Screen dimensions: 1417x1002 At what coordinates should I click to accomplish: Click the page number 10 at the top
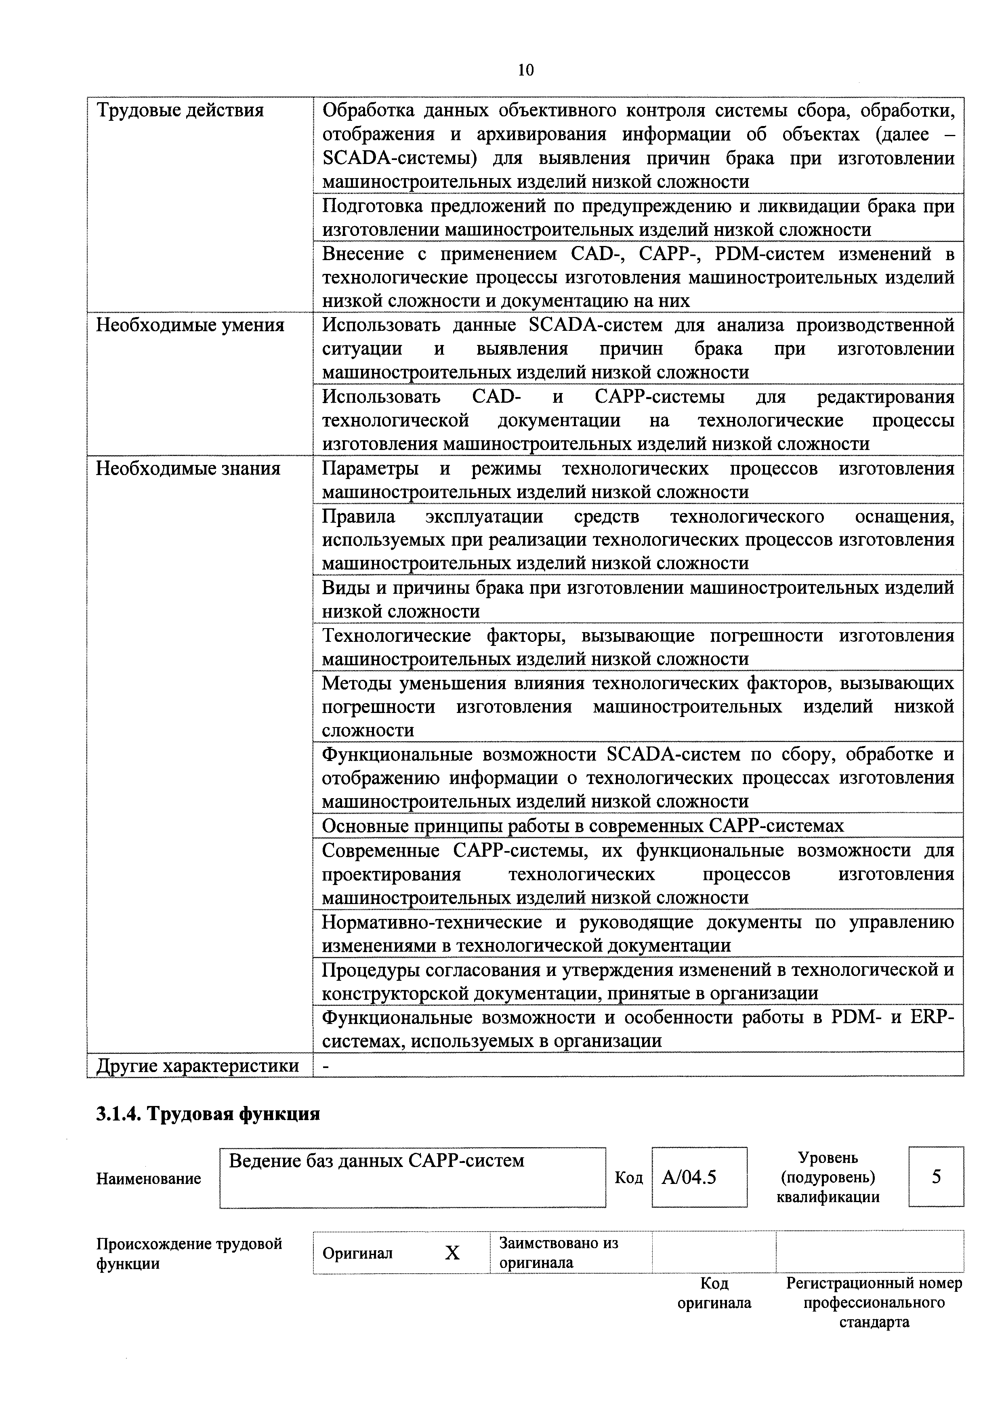tap(526, 70)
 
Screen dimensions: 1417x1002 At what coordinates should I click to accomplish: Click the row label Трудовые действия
tap(180, 110)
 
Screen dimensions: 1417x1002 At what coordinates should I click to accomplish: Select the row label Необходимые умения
tap(190, 325)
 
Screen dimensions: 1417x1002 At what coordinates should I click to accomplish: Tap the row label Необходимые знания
tap(188, 469)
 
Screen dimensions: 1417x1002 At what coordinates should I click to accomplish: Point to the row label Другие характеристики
tap(197, 1066)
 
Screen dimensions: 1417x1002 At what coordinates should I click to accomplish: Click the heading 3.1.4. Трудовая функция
tap(208, 1114)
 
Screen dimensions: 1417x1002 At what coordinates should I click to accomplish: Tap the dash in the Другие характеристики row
tap(326, 1066)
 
